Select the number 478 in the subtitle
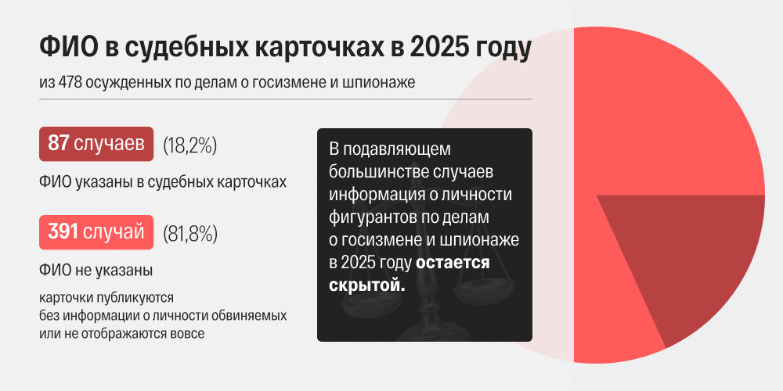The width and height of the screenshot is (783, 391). (x=70, y=82)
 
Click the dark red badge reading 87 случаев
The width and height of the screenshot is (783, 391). (x=96, y=144)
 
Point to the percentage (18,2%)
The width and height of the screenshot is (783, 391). (x=189, y=145)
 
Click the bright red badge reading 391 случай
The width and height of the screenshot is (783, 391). (x=96, y=232)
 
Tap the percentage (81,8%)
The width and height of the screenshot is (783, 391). (x=190, y=233)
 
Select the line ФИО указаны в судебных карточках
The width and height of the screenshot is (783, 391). (x=163, y=182)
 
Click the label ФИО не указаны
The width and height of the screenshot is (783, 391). (x=96, y=271)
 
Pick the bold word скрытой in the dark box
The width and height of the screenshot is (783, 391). (x=367, y=285)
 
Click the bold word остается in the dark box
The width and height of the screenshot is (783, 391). (x=453, y=262)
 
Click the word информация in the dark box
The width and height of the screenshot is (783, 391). (x=374, y=195)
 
